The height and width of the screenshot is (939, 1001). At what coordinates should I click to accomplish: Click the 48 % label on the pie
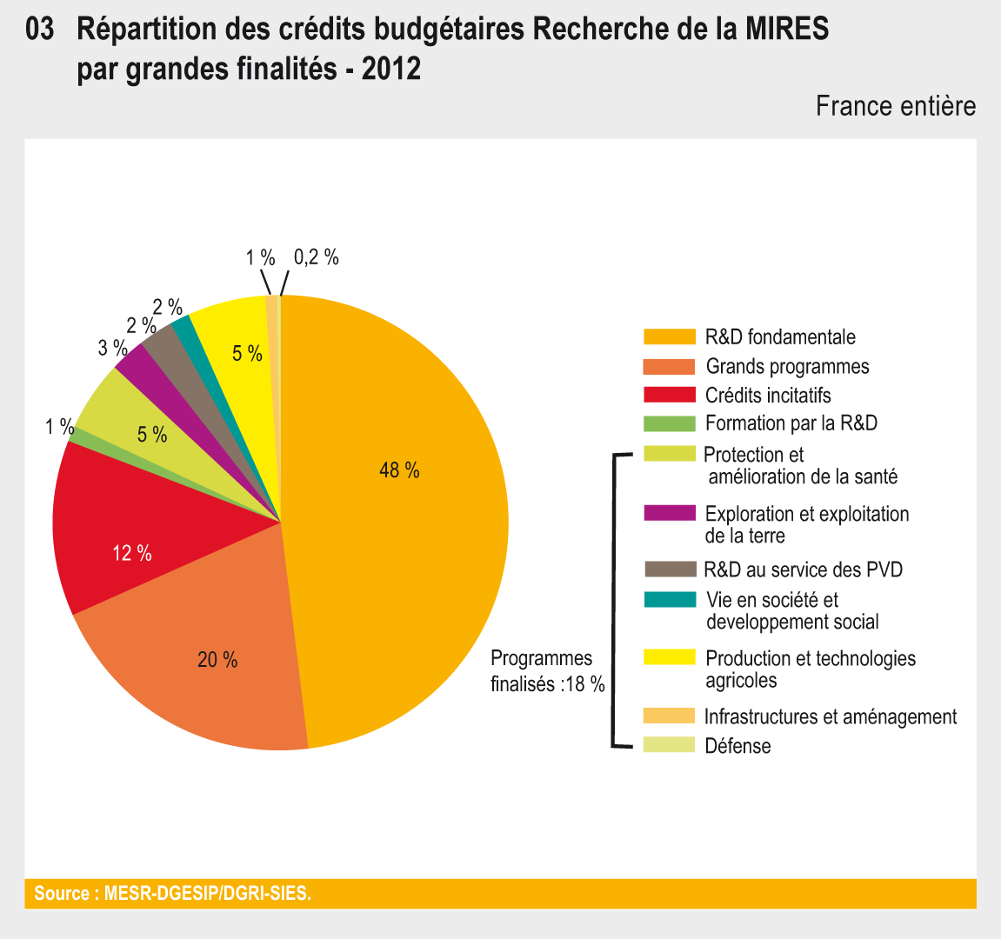(x=399, y=470)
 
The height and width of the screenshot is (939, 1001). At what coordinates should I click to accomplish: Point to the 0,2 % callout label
(x=316, y=257)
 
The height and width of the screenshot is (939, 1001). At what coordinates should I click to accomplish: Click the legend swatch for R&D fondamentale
(x=669, y=337)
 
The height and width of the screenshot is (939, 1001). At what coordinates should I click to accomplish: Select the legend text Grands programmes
(x=787, y=367)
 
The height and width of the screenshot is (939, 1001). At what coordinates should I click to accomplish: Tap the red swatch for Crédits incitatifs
(x=669, y=396)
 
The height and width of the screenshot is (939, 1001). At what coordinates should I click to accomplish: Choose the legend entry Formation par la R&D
(x=791, y=423)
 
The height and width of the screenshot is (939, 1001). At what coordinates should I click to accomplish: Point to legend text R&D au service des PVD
(x=803, y=569)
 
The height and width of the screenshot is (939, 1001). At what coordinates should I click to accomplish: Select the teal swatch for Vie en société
(x=669, y=600)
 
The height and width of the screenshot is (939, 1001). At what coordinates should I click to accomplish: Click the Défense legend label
(x=737, y=746)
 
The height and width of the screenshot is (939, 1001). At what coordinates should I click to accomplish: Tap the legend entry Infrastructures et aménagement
(x=830, y=716)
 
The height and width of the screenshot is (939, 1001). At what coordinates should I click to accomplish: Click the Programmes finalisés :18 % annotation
(x=547, y=670)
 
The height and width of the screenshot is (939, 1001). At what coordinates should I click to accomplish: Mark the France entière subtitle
(x=895, y=106)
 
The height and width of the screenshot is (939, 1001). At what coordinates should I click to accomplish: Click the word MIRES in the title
(x=786, y=30)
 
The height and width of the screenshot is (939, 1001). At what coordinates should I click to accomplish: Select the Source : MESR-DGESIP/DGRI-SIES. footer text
(x=172, y=893)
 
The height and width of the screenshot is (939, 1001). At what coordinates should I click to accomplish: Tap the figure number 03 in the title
(x=40, y=30)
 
